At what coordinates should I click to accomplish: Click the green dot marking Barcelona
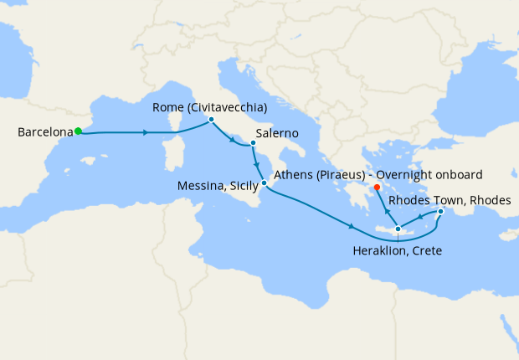click(78, 131)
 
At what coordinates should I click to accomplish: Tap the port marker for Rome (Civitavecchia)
click(211, 120)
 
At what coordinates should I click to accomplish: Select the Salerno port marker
click(252, 144)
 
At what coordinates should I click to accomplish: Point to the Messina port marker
click(264, 183)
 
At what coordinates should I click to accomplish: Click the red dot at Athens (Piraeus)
click(377, 188)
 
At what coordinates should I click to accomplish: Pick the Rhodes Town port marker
click(440, 212)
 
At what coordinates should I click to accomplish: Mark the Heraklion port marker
click(398, 229)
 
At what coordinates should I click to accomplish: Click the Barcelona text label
click(44, 132)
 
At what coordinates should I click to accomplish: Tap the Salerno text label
click(275, 132)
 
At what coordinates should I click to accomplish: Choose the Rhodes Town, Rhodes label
click(447, 200)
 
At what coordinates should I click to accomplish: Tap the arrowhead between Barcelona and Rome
click(147, 132)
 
